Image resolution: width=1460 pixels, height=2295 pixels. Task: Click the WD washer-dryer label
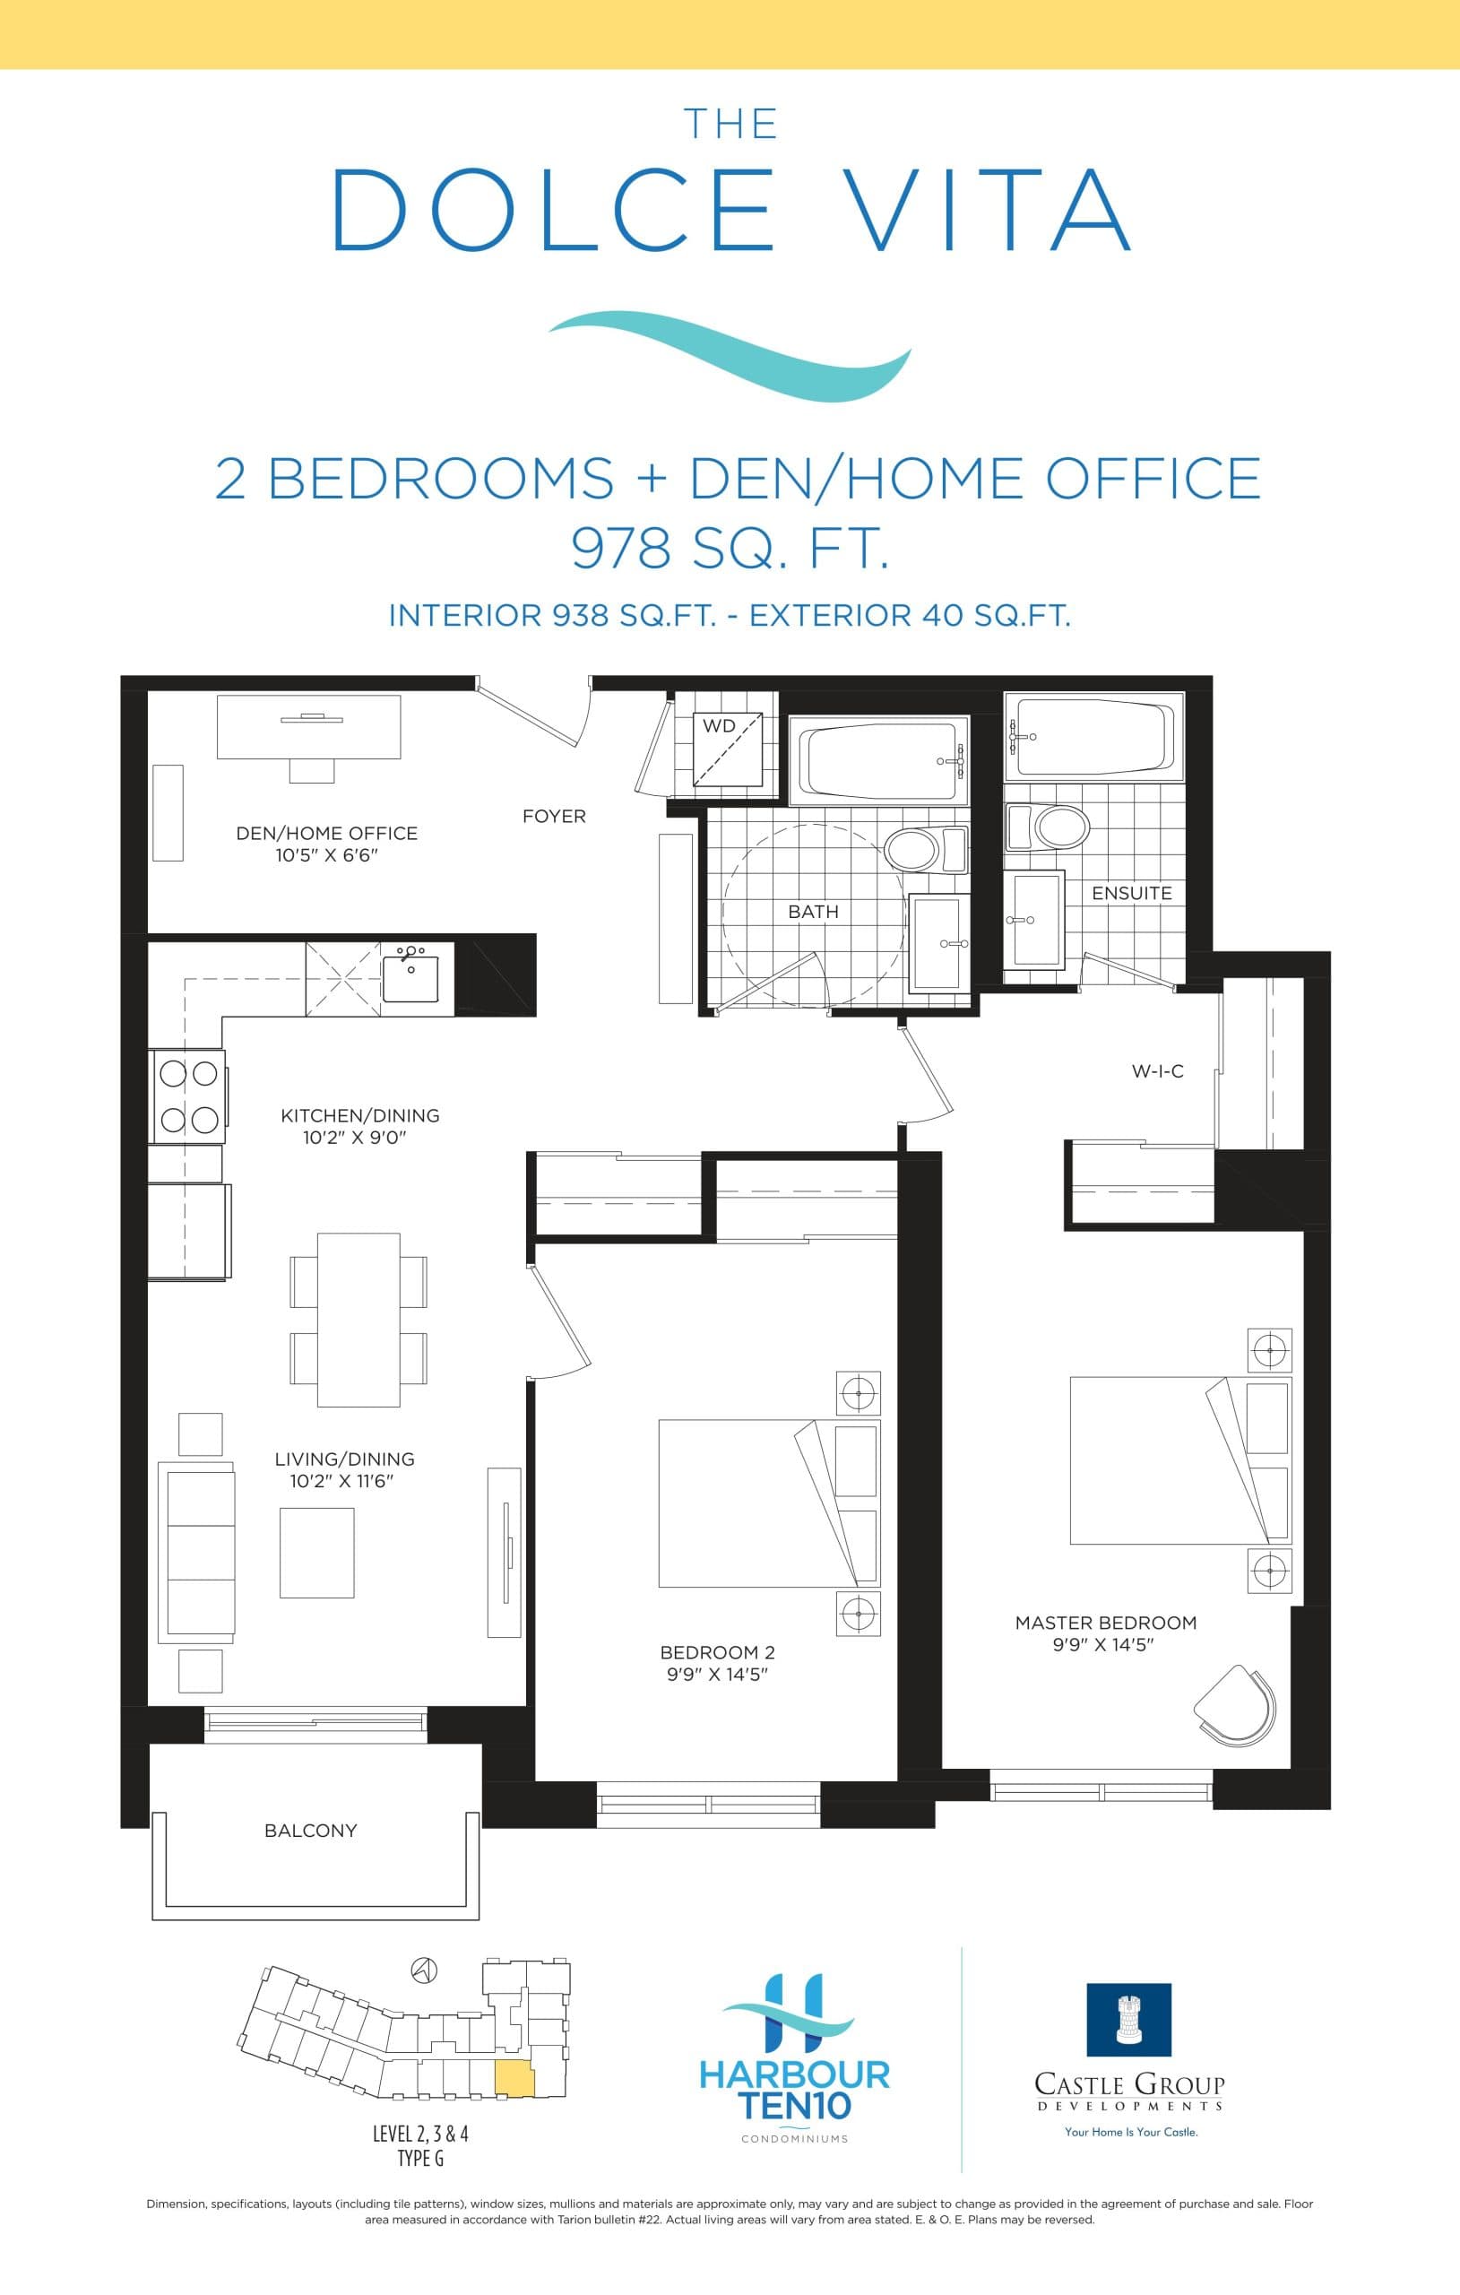pyautogui.click(x=719, y=726)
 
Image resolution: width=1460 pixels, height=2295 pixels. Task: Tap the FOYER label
pyautogui.click(x=554, y=817)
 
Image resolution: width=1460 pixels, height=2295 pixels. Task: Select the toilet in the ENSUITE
pyautogui.click(x=1060, y=827)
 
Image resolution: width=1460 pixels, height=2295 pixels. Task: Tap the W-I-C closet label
pyautogui.click(x=1157, y=1071)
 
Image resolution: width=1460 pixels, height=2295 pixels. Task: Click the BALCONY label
pyautogui.click(x=311, y=1831)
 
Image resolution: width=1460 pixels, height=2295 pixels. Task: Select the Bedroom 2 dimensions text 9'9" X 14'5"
pyautogui.click(x=717, y=1675)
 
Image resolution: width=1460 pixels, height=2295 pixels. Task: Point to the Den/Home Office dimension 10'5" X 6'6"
pyautogui.click(x=327, y=855)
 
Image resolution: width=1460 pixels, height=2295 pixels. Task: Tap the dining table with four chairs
pyautogui.click(x=359, y=1319)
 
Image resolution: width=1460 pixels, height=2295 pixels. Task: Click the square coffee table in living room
pyautogui.click(x=316, y=1553)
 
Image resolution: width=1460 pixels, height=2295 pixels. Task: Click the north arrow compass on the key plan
pyautogui.click(x=424, y=1970)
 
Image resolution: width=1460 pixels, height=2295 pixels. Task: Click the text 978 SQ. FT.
pyautogui.click(x=730, y=549)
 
